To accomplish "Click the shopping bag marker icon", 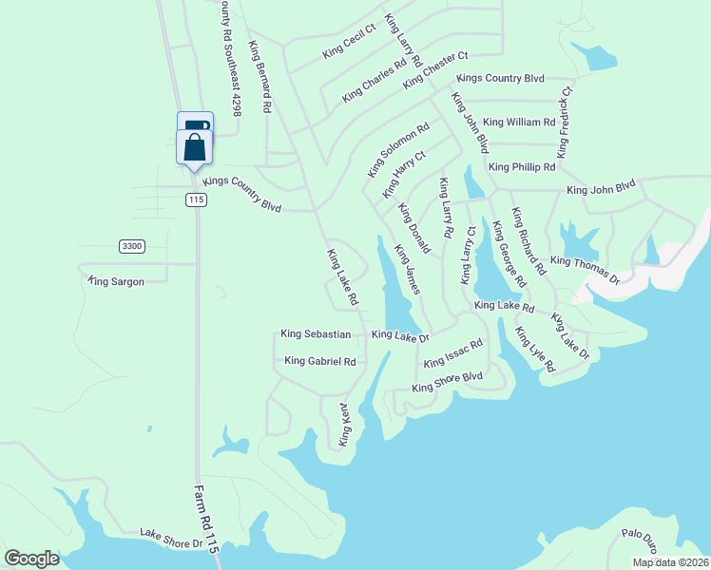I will click(195, 148).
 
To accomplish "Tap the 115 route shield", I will click(196, 199).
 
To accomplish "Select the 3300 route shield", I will click(132, 246).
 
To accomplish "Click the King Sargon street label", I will click(116, 281).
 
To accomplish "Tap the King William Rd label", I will click(519, 123).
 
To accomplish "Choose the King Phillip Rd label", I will click(522, 167).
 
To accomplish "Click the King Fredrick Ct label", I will click(565, 123).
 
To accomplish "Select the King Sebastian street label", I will click(317, 334).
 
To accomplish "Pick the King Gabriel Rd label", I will click(320, 361).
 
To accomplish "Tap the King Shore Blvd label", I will click(448, 382).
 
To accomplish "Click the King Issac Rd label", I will click(453, 355).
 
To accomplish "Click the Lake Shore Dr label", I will click(172, 539).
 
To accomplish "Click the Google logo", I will click(31, 559).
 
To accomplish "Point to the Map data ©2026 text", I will click(669, 562).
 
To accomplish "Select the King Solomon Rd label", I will click(398, 149).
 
